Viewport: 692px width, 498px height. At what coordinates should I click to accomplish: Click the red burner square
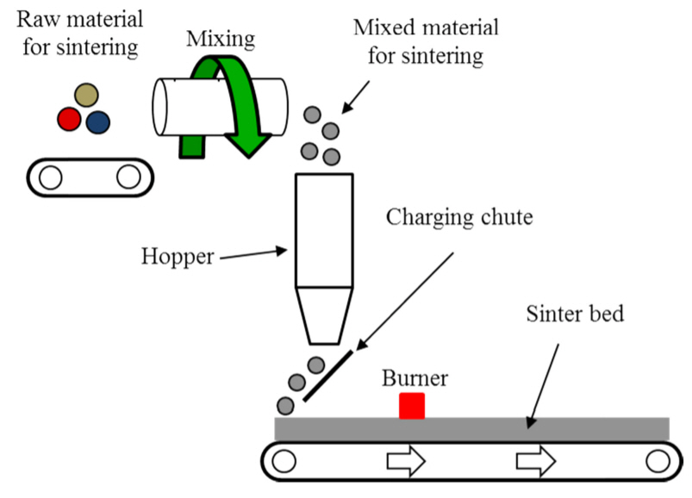point(412,405)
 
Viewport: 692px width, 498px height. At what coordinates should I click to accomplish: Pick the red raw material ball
point(69,120)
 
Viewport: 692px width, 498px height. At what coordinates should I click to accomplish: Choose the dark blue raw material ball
point(97,121)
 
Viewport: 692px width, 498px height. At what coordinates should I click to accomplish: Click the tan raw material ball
point(85,94)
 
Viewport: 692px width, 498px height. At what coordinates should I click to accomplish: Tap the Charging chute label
point(458,215)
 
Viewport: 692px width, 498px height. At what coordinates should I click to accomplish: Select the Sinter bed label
point(574,312)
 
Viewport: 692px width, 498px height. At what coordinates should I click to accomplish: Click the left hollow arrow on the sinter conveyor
point(405,463)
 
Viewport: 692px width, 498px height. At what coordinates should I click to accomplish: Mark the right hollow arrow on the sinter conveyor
point(534,463)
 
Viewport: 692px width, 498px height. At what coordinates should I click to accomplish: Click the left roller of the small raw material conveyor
point(51,177)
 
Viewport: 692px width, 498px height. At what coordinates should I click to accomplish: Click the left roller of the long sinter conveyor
point(282,463)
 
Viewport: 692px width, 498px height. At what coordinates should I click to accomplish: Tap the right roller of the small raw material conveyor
point(128,177)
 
